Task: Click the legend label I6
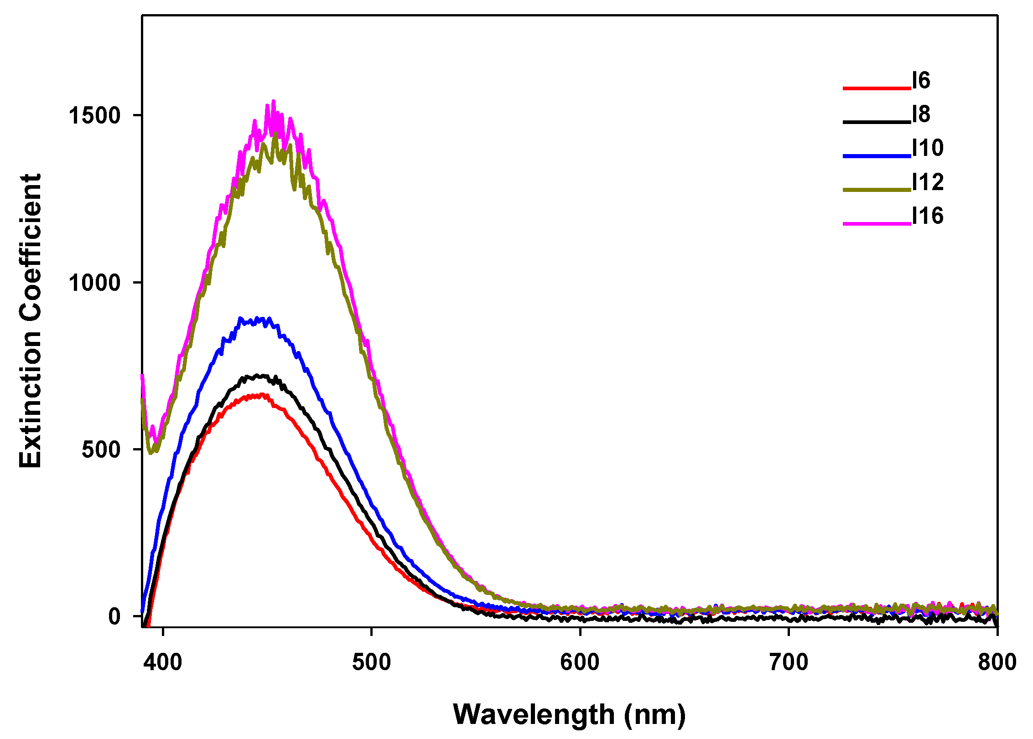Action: point(921,81)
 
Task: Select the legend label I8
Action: point(921,114)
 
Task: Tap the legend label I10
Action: point(927,148)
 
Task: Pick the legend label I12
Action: point(927,182)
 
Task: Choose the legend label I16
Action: point(927,216)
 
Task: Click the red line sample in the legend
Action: point(876,88)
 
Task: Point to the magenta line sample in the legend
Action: point(876,223)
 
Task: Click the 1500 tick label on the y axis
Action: point(94,116)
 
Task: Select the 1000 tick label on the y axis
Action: point(94,283)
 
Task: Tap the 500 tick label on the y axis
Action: point(101,450)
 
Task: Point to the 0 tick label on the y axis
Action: point(114,616)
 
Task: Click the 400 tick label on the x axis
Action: point(163,662)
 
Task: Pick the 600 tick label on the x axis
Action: point(580,662)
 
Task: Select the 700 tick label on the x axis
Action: point(789,662)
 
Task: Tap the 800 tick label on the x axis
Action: point(997,662)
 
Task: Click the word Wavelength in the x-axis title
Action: point(534,714)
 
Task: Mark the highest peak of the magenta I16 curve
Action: point(274,101)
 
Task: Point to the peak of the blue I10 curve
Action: point(240,318)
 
